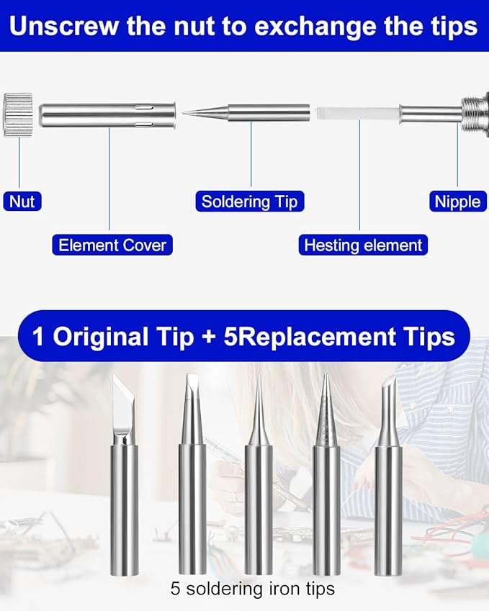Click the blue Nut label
click(22, 201)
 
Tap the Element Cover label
click(112, 245)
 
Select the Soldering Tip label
click(250, 202)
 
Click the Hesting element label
click(363, 245)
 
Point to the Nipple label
click(458, 202)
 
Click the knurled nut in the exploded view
click(18, 115)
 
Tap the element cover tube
click(107, 115)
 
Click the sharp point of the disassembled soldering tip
click(183, 113)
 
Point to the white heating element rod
click(358, 113)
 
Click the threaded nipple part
click(474, 114)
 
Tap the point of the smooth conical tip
click(259, 376)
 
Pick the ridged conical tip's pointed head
click(326, 405)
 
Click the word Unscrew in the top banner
click(64, 27)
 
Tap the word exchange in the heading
click(315, 27)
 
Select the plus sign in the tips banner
click(209, 337)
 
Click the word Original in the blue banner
click(101, 337)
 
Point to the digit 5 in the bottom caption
click(175, 589)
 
